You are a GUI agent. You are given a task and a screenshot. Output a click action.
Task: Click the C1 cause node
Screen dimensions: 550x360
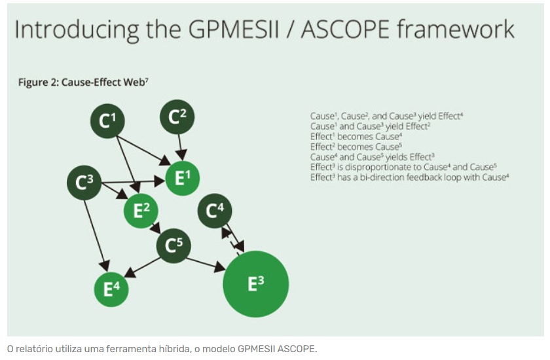tap(107, 121)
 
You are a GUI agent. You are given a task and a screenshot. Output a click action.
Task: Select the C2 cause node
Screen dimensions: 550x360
tap(177, 117)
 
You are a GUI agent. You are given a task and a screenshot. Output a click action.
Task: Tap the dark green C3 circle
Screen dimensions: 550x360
tap(84, 183)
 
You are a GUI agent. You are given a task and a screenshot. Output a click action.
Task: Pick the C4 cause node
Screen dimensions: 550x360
tap(215, 211)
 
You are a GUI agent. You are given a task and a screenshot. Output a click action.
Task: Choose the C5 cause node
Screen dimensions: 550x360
tap(174, 245)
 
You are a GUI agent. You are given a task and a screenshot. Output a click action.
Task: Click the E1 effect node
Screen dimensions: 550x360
tap(183, 178)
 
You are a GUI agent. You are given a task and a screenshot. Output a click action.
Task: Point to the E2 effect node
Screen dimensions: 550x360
tap(141, 211)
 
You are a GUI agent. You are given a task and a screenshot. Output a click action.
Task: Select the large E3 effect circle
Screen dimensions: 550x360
tap(256, 284)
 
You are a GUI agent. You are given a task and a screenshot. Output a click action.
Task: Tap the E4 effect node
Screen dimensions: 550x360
tap(111, 289)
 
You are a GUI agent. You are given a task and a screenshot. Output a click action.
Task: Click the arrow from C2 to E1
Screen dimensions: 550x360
tap(180, 147)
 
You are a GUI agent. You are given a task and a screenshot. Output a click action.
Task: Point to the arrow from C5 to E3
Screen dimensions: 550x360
tap(206, 264)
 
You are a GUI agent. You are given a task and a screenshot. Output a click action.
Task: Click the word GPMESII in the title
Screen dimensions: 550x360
tap(234, 29)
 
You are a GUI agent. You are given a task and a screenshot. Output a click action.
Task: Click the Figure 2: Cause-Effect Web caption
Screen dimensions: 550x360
tap(83, 82)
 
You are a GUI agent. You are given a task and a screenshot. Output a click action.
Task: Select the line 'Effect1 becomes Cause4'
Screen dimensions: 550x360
tap(356, 136)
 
